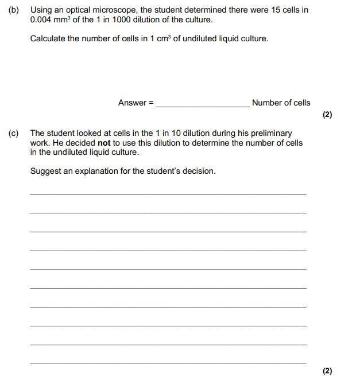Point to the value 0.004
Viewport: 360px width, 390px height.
(41, 19)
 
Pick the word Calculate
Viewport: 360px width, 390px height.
(49, 39)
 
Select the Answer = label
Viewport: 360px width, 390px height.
(136, 103)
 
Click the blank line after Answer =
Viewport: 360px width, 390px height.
(203, 106)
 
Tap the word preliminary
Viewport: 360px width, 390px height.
(271, 133)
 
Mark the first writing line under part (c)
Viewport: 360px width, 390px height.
(168, 193)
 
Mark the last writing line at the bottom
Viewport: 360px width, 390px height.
(168, 363)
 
